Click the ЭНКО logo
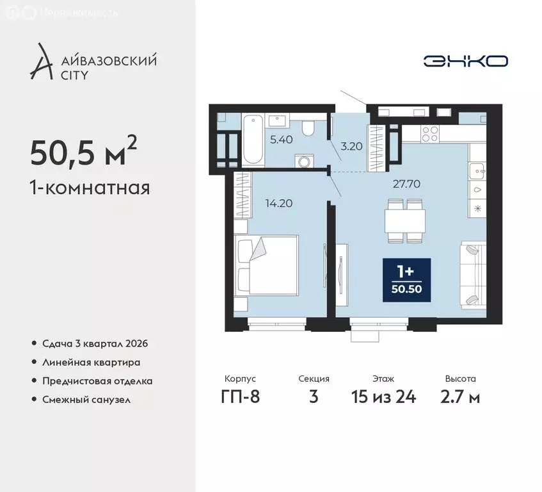pyautogui.click(x=465, y=61)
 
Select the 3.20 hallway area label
pyautogui.click(x=351, y=145)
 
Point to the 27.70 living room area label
pyautogui.click(x=406, y=183)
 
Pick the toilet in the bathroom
pyautogui.click(x=308, y=126)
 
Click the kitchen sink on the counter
pyautogui.click(x=477, y=170)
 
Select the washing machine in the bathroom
pyautogui.click(x=302, y=160)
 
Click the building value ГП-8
pyautogui.click(x=239, y=397)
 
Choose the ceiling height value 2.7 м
pyautogui.click(x=461, y=397)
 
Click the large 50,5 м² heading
pyautogui.click(x=83, y=154)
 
